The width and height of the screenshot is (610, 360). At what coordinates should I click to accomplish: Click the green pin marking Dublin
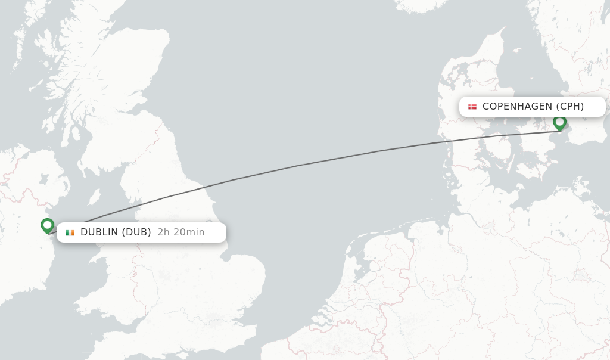[48, 225]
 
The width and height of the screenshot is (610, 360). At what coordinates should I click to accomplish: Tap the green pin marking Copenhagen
[559, 122]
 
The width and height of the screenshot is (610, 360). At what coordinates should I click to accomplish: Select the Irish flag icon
[70, 232]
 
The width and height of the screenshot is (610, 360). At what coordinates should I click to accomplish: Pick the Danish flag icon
[472, 107]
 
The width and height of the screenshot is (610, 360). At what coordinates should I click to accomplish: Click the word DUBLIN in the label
[99, 232]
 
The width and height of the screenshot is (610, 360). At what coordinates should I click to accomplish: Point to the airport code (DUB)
[136, 232]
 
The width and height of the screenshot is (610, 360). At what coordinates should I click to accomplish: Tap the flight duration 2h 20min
[181, 232]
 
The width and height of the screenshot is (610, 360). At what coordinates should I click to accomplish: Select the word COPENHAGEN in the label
[517, 107]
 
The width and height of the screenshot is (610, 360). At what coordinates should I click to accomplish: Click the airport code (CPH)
[570, 107]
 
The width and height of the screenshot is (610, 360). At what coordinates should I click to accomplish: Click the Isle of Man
[94, 197]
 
